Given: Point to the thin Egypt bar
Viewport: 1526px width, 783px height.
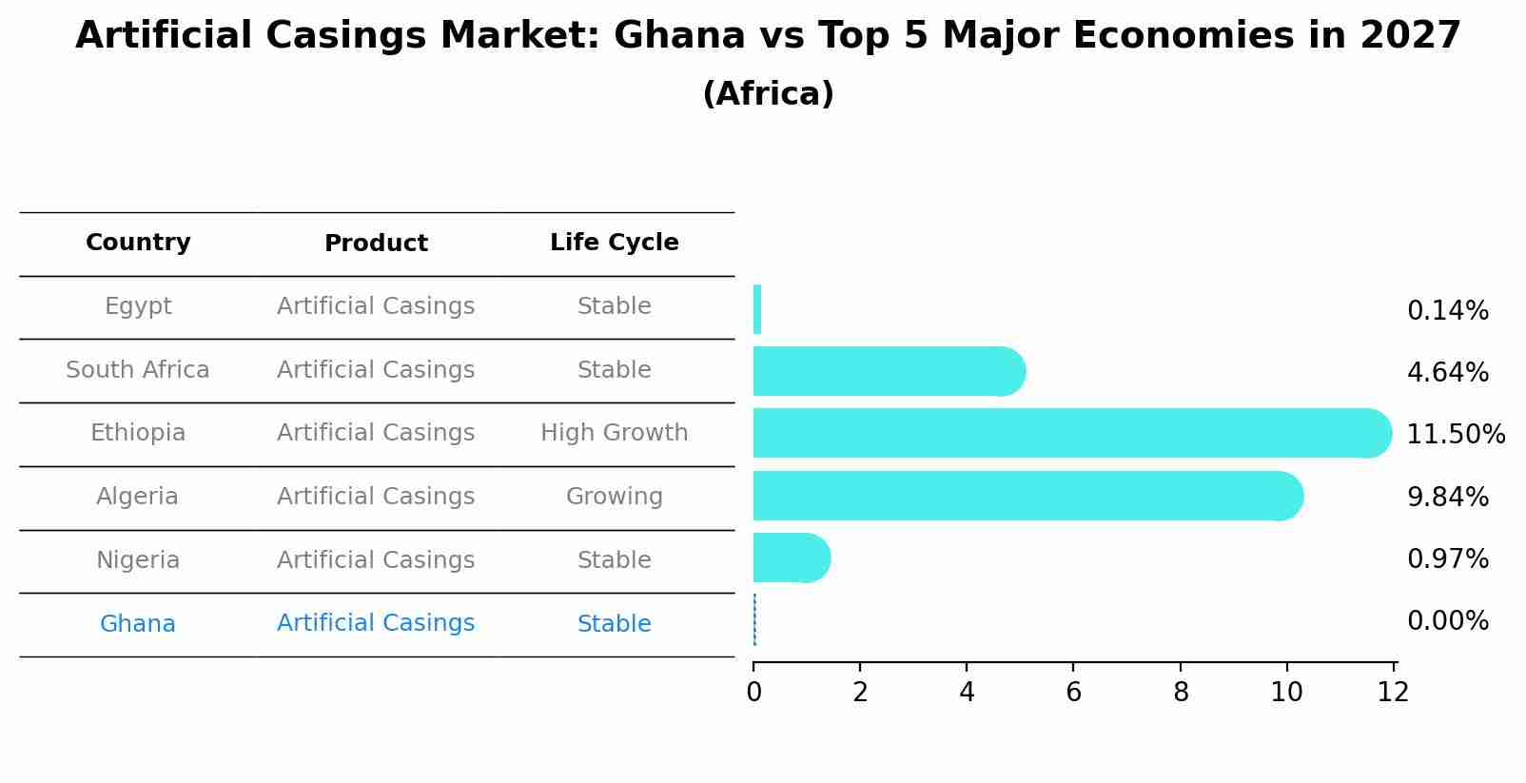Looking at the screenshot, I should click(757, 309).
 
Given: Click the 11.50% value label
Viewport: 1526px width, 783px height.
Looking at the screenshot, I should click(1455, 435).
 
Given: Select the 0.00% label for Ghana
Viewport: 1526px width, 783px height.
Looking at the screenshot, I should click(1447, 621).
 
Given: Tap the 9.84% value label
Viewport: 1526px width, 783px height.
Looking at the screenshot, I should click(1447, 497).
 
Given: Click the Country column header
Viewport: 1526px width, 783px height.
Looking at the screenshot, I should click(138, 243).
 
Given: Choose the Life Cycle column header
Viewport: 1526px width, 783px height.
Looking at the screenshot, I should click(614, 243).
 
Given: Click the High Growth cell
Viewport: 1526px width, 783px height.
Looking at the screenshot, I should click(614, 433).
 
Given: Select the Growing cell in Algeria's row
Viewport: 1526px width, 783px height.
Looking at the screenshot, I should click(614, 497).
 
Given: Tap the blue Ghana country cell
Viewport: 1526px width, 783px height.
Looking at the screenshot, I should click(138, 624).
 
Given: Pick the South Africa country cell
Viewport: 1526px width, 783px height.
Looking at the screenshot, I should click(138, 370).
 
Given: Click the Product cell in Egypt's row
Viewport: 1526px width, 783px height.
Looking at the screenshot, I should click(375, 306).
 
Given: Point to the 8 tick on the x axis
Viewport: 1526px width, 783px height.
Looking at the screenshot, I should click(1180, 693).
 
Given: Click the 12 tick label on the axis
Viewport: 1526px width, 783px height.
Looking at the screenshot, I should click(1393, 693).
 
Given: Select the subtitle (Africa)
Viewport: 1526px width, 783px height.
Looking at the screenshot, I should click(768, 94).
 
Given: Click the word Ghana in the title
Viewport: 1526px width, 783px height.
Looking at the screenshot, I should click(679, 36).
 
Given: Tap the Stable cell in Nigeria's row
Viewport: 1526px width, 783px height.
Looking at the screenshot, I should click(614, 560).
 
